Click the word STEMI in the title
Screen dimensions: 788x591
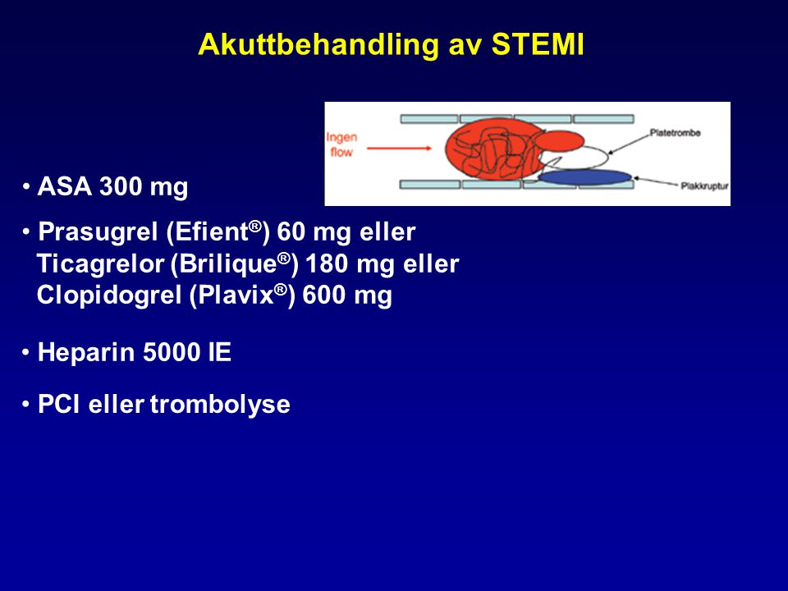pyautogui.click(x=537, y=44)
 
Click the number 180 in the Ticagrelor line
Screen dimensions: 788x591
pyautogui.click(x=326, y=263)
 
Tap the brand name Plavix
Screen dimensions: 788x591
pyautogui.click(x=236, y=295)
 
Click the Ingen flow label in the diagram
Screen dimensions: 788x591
pyautogui.click(x=341, y=144)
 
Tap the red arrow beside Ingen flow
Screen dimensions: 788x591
pyautogui.click(x=399, y=149)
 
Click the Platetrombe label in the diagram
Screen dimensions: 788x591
pyautogui.click(x=675, y=133)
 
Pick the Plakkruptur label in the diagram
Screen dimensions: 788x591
pyautogui.click(x=704, y=186)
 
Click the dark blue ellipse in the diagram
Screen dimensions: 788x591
pyautogui.click(x=585, y=176)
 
